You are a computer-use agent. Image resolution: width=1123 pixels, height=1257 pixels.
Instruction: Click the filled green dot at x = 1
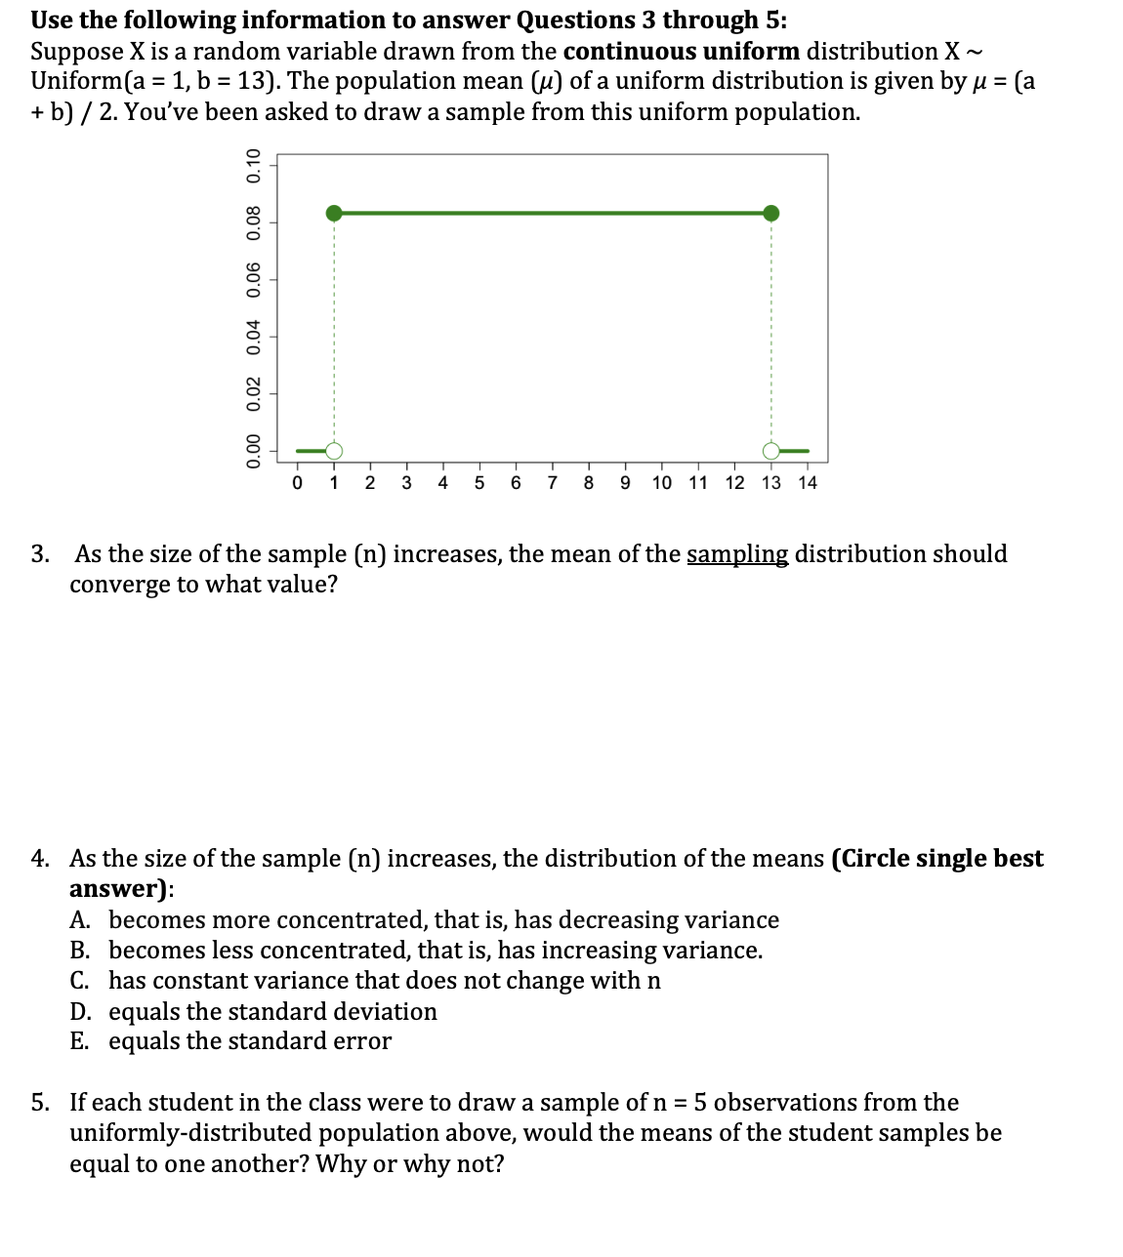tap(334, 214)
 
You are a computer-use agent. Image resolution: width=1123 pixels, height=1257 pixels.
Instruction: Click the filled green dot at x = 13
tap(771, 214)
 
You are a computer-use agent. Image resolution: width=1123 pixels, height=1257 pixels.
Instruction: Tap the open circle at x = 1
tap(334, 451)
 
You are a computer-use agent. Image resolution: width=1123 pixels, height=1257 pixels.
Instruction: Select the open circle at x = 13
tap(771, 451)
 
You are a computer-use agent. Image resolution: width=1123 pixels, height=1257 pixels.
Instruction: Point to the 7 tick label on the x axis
tap(553, 483)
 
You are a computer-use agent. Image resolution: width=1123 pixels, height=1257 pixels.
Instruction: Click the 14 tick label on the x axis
tap(807, 483)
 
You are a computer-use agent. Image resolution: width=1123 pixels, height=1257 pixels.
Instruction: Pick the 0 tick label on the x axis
tap(298, 483)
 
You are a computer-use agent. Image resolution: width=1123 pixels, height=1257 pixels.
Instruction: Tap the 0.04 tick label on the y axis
tap(255, 337)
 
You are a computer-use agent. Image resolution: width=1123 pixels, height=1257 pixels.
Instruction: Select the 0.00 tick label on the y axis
tap(255, 451)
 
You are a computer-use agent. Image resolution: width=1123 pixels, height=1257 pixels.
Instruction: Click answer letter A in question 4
tap(80, 920)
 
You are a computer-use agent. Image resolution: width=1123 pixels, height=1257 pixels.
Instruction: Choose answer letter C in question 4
tap(79, 981)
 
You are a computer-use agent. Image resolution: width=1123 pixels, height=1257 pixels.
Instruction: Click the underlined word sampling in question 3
tap(737, 554)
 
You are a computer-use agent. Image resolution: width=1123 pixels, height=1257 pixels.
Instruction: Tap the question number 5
tap(39, 1103)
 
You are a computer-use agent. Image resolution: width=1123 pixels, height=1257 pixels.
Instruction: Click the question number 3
tap(39, 554)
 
